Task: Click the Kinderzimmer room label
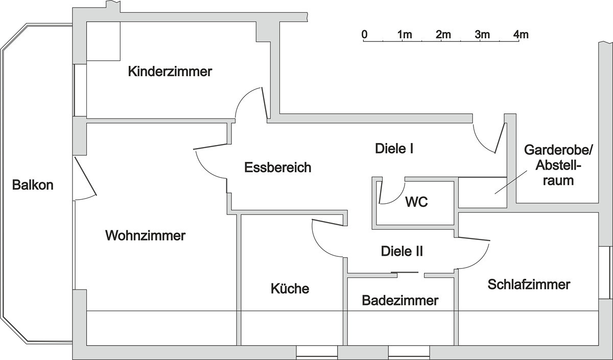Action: (170, 71)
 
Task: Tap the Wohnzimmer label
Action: (145, 235)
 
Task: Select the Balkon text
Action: (33, 185)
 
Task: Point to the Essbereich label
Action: (278, 167)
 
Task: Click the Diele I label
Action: (394, 149)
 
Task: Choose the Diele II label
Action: (402, 251)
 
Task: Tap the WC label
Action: (416, 202)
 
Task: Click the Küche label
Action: (290, 289)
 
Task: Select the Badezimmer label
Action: (400, 300)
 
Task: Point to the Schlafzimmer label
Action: (529, 284)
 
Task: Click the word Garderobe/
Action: (558, 150)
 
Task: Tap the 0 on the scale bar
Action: (364, 35)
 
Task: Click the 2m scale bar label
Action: (443, 35)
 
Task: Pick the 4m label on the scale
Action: (521, 35)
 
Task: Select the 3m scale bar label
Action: (482, 35)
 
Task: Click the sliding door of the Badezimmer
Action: (405, 272)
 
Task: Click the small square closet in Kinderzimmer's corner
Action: (103, 41)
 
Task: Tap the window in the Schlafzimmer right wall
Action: (605, 273)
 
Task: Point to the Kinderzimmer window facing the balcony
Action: (80, 90)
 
